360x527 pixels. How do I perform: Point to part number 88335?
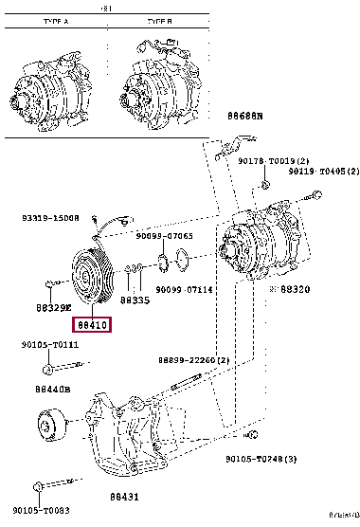coord(135,300)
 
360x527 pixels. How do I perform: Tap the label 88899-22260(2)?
coord(195,360)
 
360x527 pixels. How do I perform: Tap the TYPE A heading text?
coord(58,19)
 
